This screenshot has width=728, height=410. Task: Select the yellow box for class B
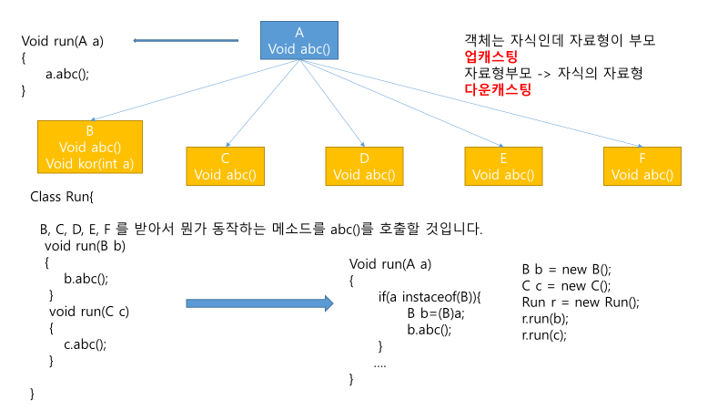[90, 147]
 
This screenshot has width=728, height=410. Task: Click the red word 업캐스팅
[490, 57]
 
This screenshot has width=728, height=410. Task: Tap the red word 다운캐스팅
[498, 89]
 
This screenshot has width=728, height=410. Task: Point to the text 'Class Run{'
[62, 196]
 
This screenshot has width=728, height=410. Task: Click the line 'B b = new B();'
[567, 269]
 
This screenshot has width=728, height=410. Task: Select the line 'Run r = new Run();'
[581, 302]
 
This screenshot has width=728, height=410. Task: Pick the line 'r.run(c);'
[544, 334]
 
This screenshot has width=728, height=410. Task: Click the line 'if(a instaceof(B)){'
[430, 297]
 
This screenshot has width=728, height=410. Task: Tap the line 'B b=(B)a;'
[436, 313]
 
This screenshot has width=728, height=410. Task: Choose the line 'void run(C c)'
[89, 312]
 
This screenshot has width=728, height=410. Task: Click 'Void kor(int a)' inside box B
[90, 164]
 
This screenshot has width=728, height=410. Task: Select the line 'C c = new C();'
[567, 285]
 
